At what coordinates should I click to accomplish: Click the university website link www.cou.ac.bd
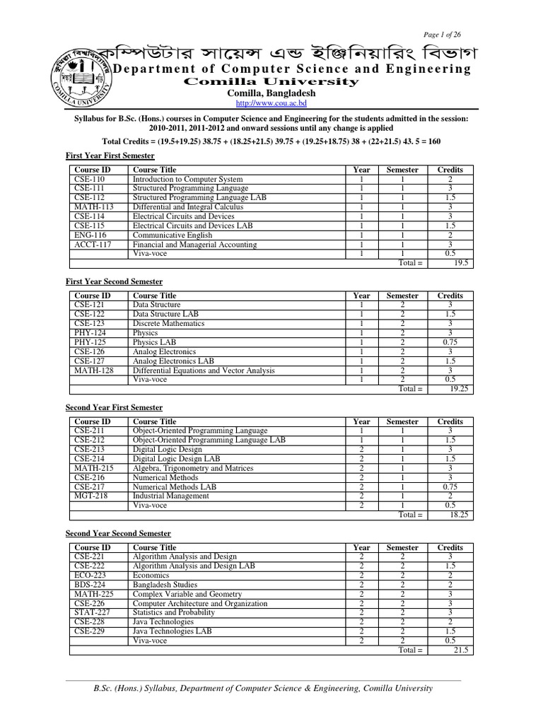pyautogui.click(x=271, y=104)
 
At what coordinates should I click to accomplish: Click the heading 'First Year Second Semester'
pyautogui.click(x=114, y=281)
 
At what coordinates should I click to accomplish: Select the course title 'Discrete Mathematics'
pyautogui.click(x=168, y=324)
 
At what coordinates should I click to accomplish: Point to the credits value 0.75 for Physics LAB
pyautogui.click(x=450, y=342)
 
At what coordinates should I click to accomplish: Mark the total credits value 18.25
pyautogui.click(x=460, y=514)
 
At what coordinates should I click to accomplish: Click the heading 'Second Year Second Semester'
pyautogui.click(x=118, y=533)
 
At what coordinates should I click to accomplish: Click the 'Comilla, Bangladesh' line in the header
pyautogui.click(x=271, y=93)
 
